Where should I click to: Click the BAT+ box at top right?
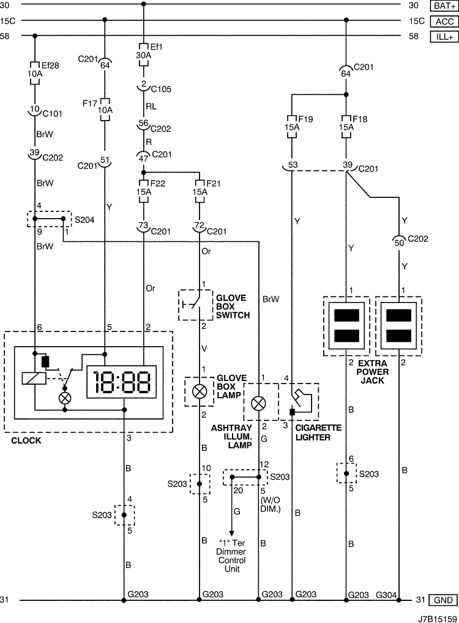(444, 6)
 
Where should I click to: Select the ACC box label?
(444, 21)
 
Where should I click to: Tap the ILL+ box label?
(444, 37)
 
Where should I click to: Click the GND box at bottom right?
(443, 600)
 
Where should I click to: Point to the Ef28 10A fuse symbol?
(35, 73)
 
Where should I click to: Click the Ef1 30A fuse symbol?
(143, 55)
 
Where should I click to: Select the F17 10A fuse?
(105, 109)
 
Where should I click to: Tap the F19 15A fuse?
(292, 127)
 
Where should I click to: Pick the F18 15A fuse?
(346, 127)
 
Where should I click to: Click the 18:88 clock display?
(122, 382)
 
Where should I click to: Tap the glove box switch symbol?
(196, 305)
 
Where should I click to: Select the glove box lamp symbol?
(200, 392)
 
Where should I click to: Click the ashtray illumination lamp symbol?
(259, 404)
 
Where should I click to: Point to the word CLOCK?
(26, 440)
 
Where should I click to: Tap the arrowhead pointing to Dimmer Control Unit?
(232, 533)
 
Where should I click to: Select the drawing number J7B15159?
(437, 619)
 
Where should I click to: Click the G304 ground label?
(386, 595)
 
